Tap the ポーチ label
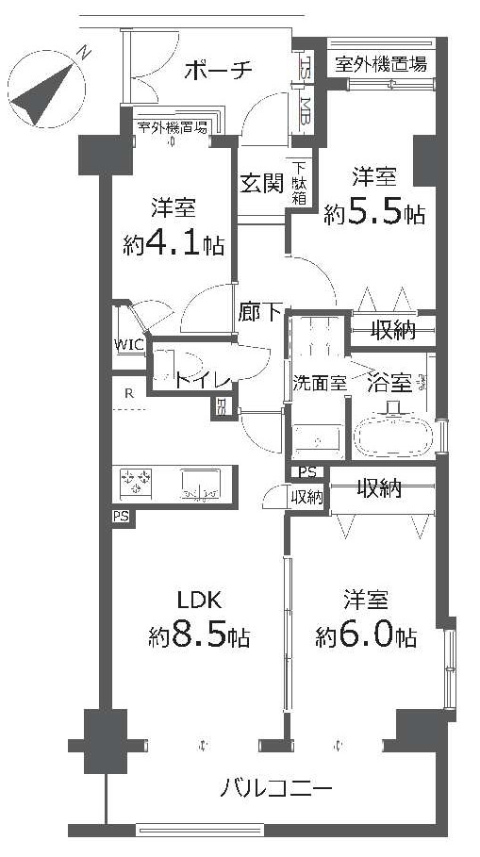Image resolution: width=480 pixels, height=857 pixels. pos(218,70)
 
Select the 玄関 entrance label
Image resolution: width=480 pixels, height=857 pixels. pos(262,183)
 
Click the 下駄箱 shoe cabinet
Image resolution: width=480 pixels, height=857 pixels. pos(300,183)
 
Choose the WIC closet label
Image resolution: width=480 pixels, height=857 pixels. pos(129,345)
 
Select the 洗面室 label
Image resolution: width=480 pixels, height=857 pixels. pos(320,383)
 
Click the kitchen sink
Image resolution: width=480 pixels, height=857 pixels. pos(200,485)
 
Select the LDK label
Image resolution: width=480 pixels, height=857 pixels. pos(198,601)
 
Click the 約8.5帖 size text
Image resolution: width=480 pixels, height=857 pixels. pos(199,635)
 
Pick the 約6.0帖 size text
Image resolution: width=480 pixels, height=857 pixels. pos(365,635)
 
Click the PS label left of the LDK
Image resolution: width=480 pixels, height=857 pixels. pos(122,517)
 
